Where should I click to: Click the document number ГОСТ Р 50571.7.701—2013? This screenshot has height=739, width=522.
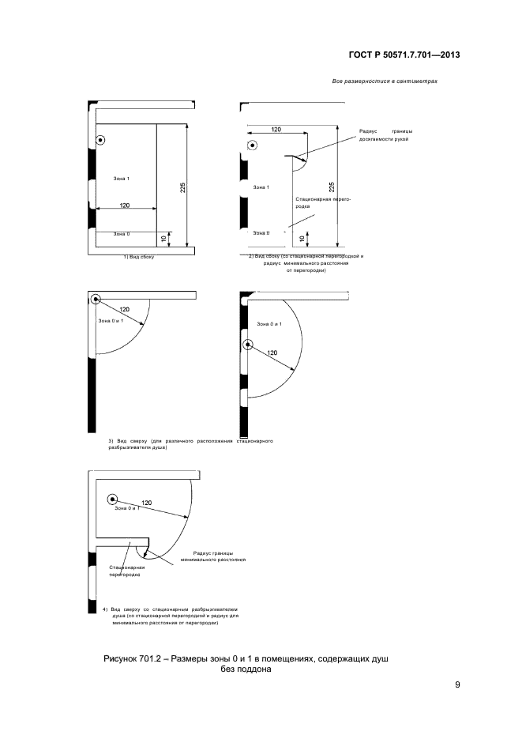(x=404, y=55)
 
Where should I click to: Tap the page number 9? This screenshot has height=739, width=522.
(x=457, y=684)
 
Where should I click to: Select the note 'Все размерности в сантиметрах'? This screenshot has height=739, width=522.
(x=385, y=82)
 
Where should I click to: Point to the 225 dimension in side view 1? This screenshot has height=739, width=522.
(x=182, y=187)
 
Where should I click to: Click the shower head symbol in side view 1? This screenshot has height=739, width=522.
(x=101, y=140)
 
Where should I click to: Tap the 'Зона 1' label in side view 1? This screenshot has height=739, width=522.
(x=121, y=179)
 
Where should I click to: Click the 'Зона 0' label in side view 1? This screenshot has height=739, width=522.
(x=121, y=234)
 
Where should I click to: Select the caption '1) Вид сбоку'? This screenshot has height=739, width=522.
(x=138, y=257)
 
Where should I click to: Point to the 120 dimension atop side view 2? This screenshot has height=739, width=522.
(x=276, y=128)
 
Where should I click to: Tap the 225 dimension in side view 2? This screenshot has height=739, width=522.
(x=332, y=187)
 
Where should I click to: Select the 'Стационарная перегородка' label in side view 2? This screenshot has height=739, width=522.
(x=322, y=204)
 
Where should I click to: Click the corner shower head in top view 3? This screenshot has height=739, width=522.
(x=96, y=300)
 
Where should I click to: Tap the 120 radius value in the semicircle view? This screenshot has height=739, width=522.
(x=272, y=353)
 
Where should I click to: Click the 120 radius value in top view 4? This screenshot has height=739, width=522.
(x=146, y=503)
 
